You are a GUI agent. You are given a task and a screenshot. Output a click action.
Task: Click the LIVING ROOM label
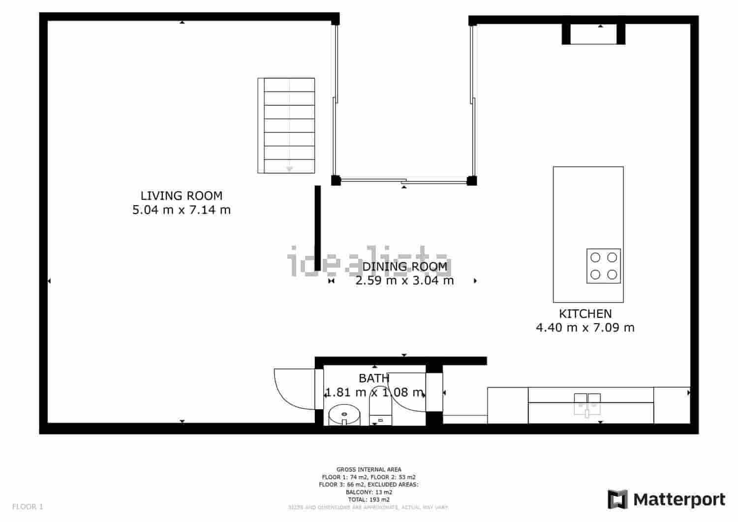182,196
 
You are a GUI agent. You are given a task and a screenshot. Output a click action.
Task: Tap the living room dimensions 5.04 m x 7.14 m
182,210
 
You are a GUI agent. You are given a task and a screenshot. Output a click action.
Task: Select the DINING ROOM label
405,267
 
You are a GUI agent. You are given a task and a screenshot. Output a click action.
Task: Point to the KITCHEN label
585,314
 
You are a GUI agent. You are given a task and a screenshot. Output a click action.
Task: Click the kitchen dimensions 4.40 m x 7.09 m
585,328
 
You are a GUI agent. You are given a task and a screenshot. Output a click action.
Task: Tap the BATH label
374,378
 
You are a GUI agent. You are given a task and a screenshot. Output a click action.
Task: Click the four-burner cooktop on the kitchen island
603,266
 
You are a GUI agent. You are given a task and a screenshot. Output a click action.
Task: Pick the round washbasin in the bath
344,414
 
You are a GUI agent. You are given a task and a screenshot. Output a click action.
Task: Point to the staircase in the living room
286,125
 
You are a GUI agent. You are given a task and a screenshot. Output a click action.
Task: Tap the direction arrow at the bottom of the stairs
289,169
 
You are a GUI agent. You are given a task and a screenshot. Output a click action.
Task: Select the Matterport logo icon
617,499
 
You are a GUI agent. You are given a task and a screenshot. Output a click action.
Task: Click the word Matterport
679,499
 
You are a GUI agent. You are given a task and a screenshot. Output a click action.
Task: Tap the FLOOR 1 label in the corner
28,506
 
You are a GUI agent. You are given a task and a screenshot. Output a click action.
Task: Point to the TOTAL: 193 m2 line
369,499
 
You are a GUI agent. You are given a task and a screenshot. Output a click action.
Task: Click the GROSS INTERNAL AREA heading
369,469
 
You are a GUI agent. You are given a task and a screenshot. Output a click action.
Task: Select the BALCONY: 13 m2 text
369,492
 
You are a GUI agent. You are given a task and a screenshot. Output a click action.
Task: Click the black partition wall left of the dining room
318,228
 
